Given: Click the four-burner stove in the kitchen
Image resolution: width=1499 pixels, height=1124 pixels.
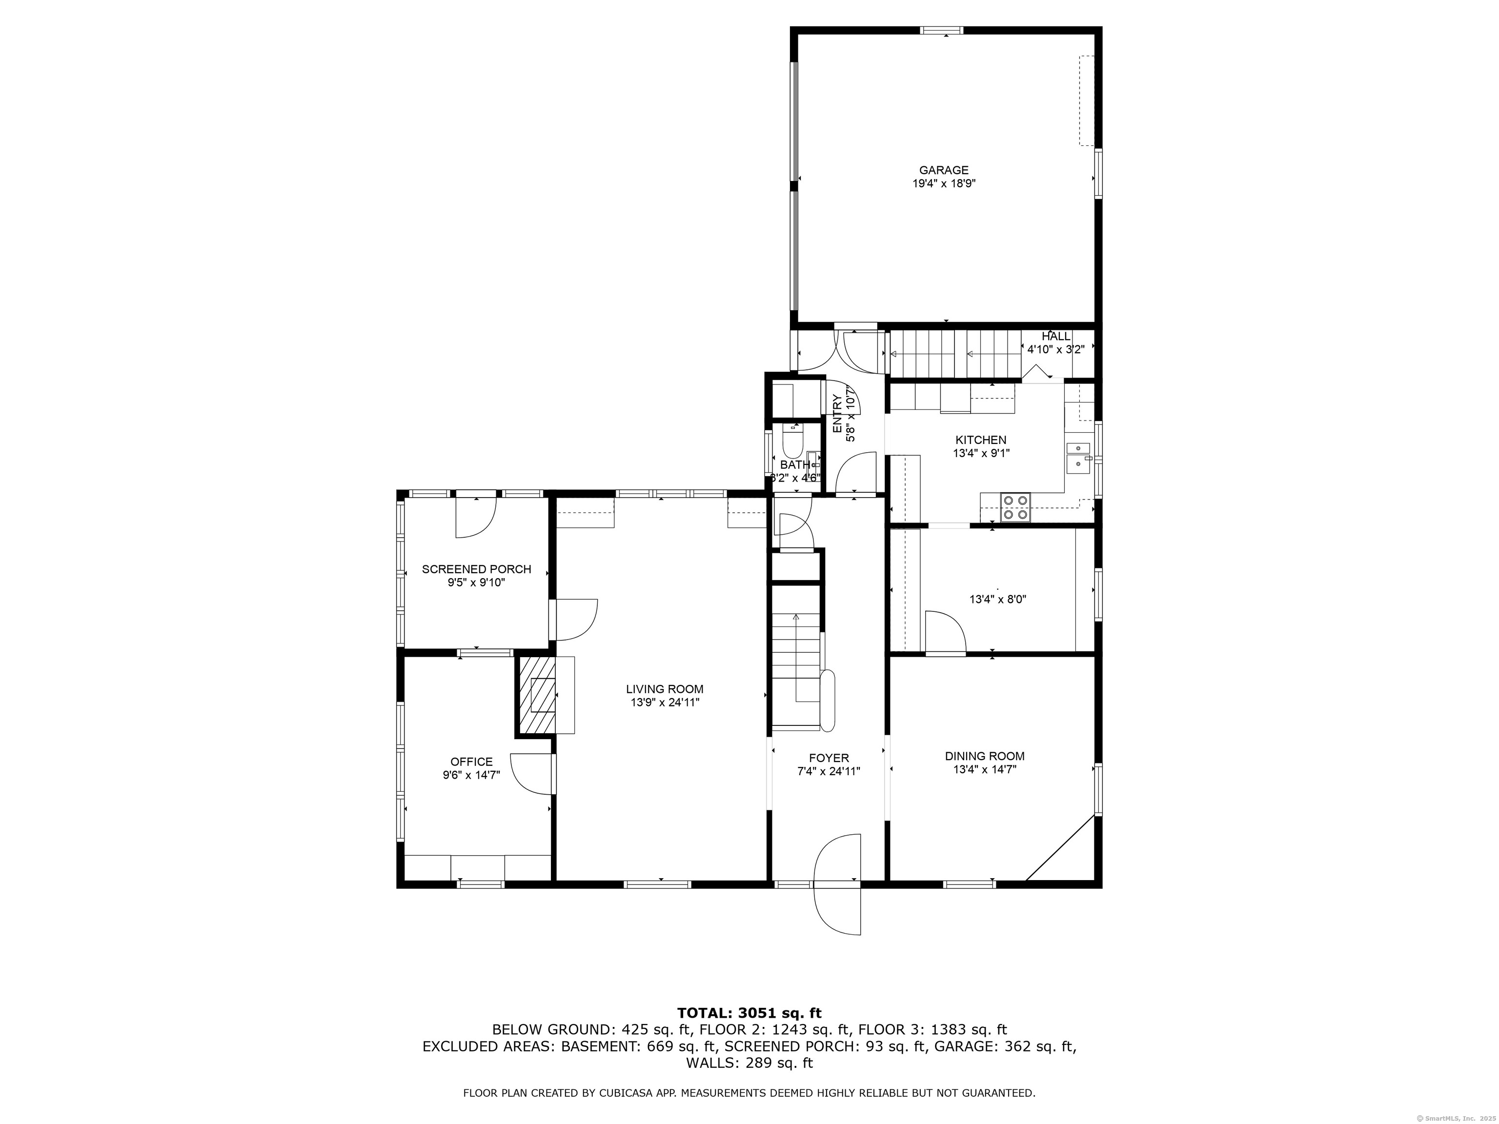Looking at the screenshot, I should point(1015,507).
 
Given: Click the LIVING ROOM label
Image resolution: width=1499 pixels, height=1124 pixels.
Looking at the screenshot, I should point(664,689).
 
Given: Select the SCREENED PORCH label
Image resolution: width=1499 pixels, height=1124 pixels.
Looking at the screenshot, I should point(476,569).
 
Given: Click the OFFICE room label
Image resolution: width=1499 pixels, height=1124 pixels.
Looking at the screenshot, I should point(472,762).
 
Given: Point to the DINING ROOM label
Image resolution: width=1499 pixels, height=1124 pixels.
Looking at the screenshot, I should point(985,756).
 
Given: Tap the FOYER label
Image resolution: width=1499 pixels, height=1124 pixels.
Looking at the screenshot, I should point(828,758).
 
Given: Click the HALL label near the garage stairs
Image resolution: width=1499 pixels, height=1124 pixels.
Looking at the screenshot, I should point(1056,337).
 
